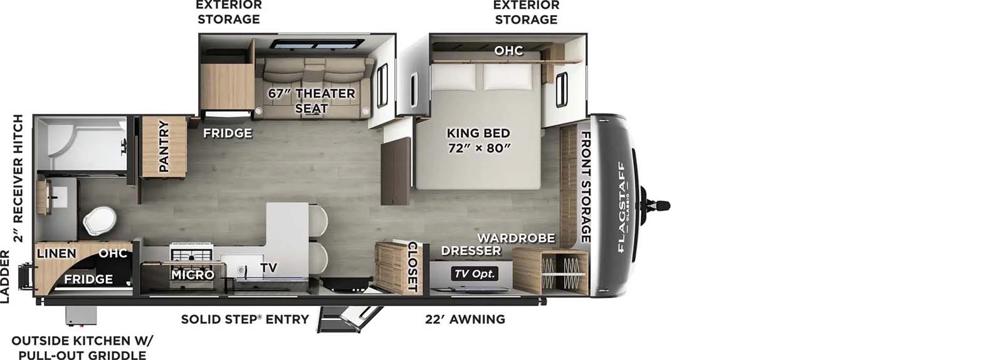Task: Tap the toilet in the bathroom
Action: pos(99,221)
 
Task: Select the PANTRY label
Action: pos(164,146)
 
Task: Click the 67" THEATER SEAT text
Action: pos(312,101)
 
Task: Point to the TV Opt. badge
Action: pos(475,273)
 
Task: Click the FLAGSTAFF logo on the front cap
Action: pos(622,207)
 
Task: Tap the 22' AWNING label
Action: pos(465,319)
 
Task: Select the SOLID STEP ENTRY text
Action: pos(244,319)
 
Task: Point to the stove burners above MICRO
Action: pos(192,255)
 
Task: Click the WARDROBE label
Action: pos(516,238)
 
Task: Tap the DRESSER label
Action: pos(471,251)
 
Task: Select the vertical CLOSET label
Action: pos(412,267)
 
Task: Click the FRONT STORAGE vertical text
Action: pos(585,186)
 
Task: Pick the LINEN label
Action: pos(56,253)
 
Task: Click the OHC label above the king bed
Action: pos(508,50)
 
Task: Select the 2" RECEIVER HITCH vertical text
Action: pos(18,178)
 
